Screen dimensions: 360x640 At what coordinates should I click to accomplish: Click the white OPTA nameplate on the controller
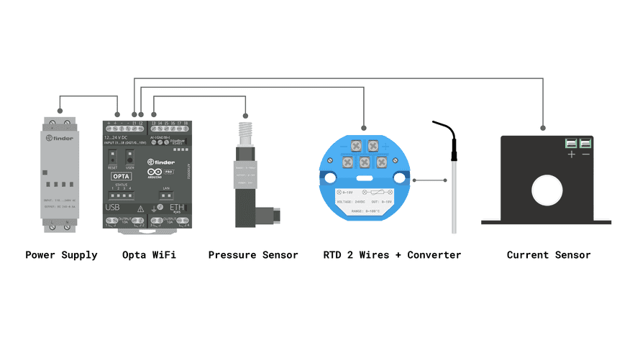coord(120,175)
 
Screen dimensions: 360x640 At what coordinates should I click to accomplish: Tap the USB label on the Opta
coord(113,207)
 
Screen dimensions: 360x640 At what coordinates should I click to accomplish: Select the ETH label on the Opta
coord(176,207)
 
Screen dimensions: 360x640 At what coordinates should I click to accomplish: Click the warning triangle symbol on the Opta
coord(141,208)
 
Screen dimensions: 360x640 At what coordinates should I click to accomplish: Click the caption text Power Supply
coord(61,255)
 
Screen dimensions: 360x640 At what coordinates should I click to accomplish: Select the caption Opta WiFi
coord(149,255)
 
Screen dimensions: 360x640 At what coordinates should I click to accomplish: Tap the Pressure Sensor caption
coord(252,255)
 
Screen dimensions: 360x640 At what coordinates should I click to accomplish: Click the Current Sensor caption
coord(548,255)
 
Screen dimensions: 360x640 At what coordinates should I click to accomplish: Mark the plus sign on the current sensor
coord(572,154)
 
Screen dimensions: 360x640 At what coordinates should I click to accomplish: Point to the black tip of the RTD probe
coord(454,152)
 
